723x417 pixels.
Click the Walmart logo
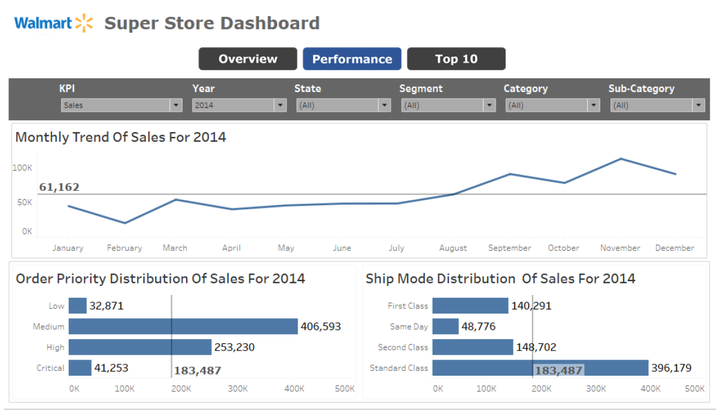tap(54, 23)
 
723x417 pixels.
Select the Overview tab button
tap(248, 59)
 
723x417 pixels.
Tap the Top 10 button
tap(456, 59)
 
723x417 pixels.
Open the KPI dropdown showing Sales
tap(121, 105)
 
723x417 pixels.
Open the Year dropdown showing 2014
tap(239, 105)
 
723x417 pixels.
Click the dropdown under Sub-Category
tap(657, 105)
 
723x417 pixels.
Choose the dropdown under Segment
tap(448, 105)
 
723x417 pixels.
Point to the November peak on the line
tap(621, 159)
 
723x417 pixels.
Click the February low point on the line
tap(124, 223)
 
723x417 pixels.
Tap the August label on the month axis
tap(453, 248)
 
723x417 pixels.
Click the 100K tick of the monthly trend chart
tap(22, 168)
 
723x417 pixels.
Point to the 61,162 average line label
tap(59, 187)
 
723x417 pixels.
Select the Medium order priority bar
tap(183, 326)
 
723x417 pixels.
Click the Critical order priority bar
tap(80, 368)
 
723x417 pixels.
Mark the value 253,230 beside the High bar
tap(235, 347)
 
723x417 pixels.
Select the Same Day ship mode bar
tap(445, 326)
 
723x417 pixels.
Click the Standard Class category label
tap(399, 368)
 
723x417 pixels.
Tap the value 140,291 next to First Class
tap(531, 306)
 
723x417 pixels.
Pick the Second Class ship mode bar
tap(472, 347)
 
